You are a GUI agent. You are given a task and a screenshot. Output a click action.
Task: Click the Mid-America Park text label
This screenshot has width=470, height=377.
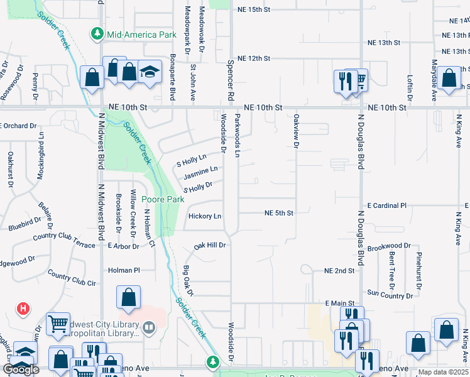142,35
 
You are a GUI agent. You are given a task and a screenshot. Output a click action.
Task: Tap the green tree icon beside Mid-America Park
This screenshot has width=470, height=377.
97,33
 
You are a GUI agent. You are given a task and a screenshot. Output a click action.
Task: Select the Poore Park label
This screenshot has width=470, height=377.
161,199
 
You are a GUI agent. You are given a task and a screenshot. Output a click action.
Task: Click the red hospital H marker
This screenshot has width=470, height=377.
23,309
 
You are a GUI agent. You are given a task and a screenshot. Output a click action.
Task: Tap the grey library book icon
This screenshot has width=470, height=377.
149,326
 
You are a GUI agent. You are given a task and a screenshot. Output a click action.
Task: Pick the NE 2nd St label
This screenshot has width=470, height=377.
339,271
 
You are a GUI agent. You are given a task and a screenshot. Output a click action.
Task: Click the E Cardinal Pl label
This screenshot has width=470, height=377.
387,205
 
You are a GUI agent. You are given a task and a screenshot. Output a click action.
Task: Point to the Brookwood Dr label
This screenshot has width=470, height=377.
389,247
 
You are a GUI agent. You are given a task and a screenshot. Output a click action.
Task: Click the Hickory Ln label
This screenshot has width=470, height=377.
205,216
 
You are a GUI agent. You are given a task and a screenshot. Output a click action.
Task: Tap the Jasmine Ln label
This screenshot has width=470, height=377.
201,170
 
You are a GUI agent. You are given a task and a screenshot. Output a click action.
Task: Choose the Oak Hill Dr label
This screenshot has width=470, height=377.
209,245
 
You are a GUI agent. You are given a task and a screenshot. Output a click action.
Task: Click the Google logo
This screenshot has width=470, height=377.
21,369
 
